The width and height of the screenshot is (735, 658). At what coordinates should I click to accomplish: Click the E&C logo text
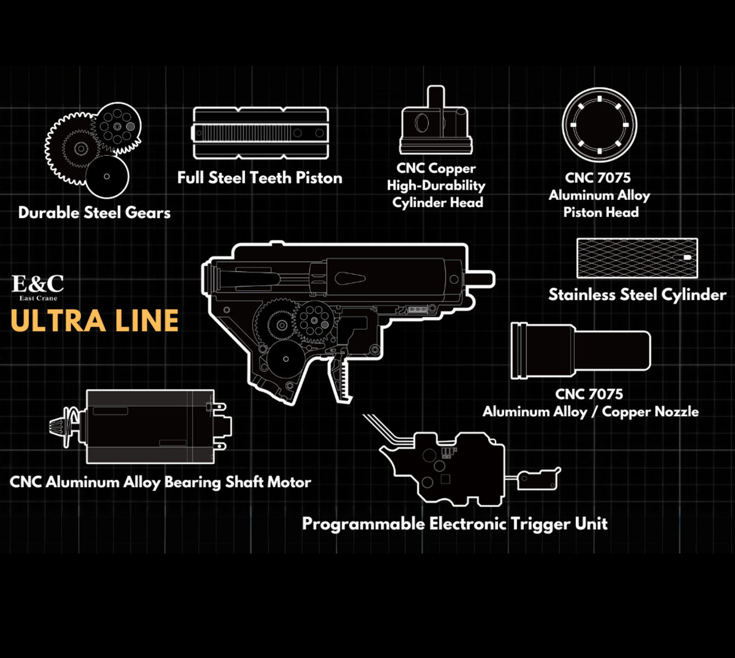click(38, 284)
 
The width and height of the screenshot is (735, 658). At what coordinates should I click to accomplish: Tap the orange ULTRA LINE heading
click(95, 321)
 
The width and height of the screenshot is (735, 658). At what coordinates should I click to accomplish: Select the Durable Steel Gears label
click(94, 212)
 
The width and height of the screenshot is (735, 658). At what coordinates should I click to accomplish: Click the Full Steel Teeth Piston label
click(259, 178)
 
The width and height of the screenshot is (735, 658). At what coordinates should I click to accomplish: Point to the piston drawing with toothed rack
click(260, 133)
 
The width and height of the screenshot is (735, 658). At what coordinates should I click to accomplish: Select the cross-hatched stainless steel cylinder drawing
click(637, 258)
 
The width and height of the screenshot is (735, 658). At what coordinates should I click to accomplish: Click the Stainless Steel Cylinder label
click(637, 295)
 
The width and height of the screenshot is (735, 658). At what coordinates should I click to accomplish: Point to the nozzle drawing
click(580, 351)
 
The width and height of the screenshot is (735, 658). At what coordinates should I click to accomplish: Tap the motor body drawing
click(150, 427)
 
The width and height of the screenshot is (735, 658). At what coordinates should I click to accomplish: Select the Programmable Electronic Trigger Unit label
click(455, 523)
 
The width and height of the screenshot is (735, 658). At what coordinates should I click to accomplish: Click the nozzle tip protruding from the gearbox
click(482, 279)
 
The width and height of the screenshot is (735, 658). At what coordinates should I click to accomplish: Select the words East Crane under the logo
click(38, 298)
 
